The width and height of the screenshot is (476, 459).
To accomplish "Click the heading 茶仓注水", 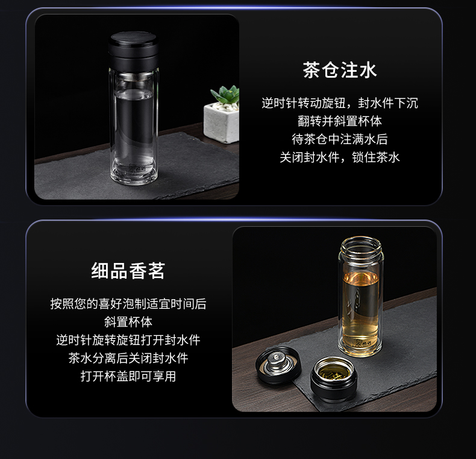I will coord(339,71).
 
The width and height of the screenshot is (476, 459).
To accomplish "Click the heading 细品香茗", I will coord(128,271).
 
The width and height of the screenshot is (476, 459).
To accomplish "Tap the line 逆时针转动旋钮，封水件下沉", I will coord(339,103).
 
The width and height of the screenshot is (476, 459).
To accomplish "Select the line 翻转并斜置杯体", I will coord(339,121).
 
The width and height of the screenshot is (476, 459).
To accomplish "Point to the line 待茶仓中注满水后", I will coord(339,139).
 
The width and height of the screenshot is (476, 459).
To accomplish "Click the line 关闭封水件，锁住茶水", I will coord(339,157).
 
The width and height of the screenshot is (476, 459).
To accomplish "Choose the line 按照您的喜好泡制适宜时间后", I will coord(128,304).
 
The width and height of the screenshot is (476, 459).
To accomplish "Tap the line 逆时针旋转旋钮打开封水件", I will coord(128,340).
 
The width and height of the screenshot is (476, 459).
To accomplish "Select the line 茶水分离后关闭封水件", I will coord(128,358).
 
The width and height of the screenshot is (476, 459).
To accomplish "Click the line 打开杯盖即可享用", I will coord(128,376).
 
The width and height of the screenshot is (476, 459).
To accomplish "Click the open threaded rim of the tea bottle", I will coord(360,248).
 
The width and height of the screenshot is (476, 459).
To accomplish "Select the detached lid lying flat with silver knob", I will coord(278,364).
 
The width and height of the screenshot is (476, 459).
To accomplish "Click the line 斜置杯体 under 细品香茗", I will coord(128,322).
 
